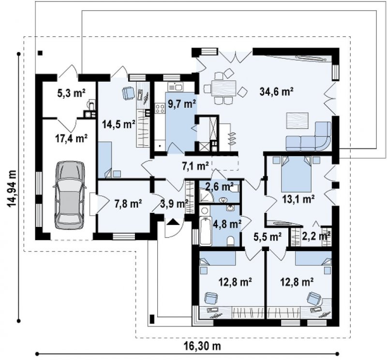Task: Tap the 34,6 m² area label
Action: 276,91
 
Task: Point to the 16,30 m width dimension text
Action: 202,346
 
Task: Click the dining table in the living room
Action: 223,88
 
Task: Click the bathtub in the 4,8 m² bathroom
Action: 205,231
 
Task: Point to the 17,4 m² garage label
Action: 71,138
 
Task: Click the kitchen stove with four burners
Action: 160,108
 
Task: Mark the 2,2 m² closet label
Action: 316,237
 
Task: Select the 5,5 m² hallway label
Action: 268,237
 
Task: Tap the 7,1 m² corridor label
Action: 195,165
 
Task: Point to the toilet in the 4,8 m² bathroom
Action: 231,241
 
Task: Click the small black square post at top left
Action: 40,53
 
